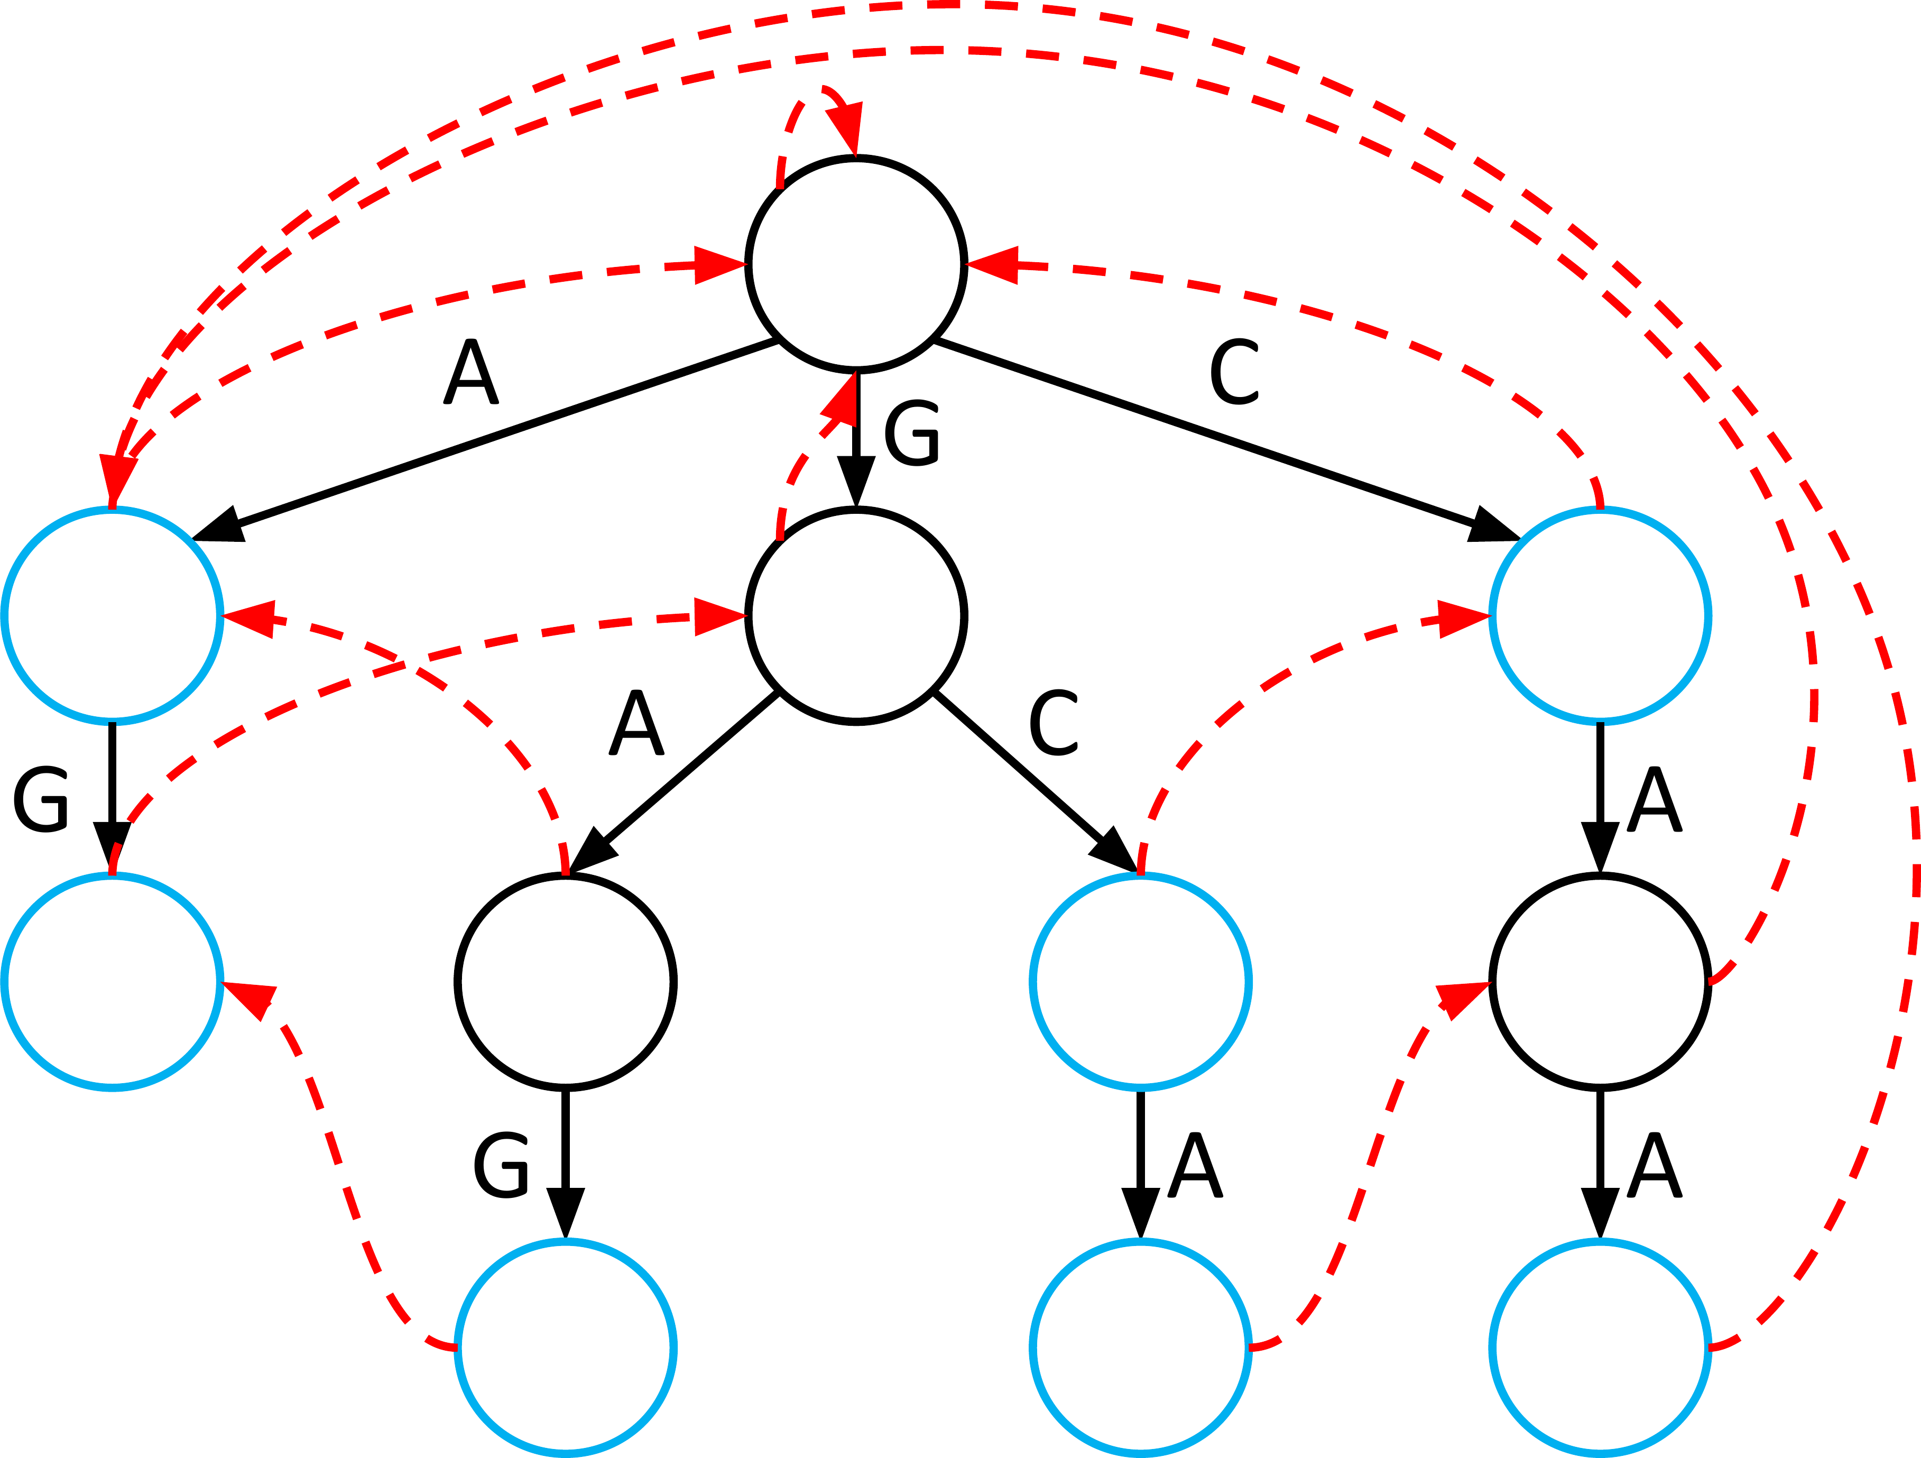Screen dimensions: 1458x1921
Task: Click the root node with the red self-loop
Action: [856, 265]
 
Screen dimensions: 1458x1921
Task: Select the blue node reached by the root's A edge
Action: [113, 616]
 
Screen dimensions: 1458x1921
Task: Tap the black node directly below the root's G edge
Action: [856, 616]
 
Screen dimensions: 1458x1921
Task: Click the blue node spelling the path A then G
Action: [113, 981]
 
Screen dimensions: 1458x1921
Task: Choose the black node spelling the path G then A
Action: [566, 981]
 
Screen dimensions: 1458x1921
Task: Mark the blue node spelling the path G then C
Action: [1141, 981]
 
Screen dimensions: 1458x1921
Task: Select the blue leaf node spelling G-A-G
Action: [566, 1347]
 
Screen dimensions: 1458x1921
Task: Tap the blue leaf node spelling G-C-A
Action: [1141, 1347]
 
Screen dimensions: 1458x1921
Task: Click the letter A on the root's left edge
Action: [470, 372]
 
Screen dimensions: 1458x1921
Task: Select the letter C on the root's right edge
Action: [1234, 372]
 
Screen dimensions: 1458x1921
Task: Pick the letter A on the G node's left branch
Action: [636, 723]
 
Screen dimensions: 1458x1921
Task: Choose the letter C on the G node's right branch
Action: [1054, 723]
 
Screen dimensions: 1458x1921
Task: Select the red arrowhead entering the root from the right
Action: [994, 265]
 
